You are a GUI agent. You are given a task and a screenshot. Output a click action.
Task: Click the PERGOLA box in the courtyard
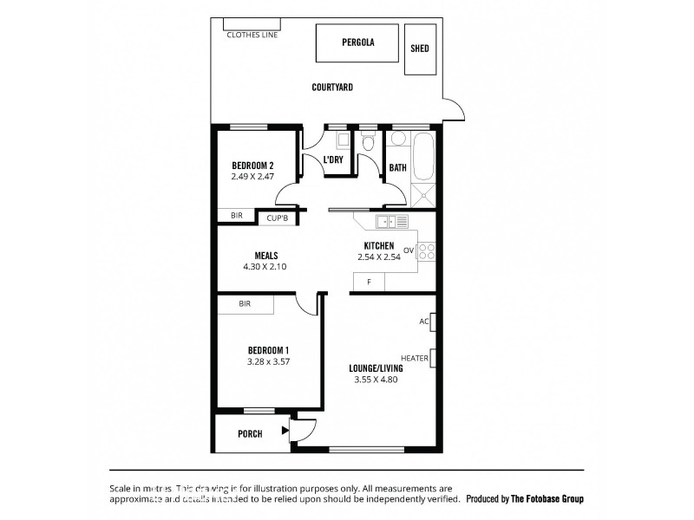357,42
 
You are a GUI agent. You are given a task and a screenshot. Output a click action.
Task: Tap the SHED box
419,49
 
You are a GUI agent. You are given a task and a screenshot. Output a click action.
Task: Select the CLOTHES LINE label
252,36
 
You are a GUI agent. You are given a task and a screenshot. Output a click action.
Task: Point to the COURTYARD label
332,88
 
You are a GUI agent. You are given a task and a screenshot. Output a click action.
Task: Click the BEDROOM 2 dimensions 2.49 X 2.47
253,177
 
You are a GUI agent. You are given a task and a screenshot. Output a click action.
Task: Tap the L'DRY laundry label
332,160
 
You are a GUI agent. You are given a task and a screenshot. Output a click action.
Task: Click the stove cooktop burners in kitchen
426,252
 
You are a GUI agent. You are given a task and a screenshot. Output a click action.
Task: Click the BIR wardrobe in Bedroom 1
246,305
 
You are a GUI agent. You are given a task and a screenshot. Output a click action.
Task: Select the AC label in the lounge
424,322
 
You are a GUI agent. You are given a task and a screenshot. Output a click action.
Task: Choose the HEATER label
414,358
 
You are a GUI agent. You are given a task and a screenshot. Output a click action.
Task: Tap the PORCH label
250,433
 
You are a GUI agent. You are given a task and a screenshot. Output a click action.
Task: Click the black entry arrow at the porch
285,430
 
